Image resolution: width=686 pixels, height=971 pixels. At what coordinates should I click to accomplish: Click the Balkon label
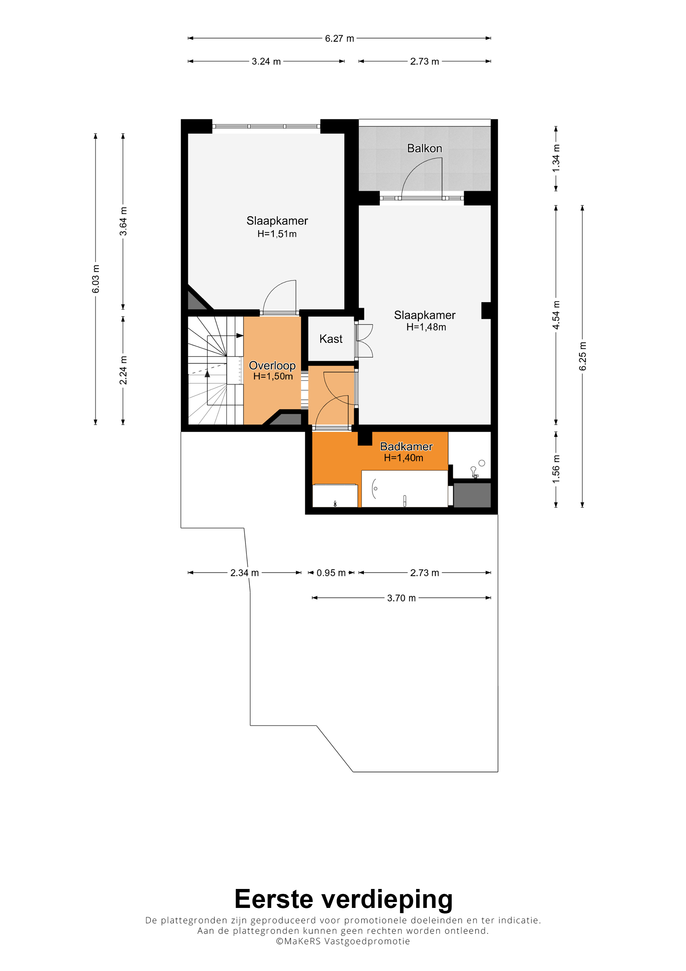pyautogui.click(x=424, y=148)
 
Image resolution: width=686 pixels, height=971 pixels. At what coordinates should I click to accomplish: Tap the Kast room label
pyautogui.click(x=331, y=339)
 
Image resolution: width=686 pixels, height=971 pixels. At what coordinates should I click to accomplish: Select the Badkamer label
pyautogui.click(x=406, y=446)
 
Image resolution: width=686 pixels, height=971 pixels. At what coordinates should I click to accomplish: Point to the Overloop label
pyautogui.click(x=272, y=365)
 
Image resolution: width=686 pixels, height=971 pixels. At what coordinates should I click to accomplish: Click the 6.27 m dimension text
pyautogui.click(x=339, y=39)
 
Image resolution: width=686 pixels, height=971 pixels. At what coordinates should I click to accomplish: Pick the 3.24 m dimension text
pyautogui.click(x=266, y=61)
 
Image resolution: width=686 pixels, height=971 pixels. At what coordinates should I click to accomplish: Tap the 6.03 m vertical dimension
pyautogui.click(x=96, y=279)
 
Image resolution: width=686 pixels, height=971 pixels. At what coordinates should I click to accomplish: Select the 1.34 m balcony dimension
pyautogui.click(x=556, y=159)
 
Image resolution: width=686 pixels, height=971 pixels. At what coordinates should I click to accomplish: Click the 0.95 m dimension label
pyautogui.click(x=331, y=573)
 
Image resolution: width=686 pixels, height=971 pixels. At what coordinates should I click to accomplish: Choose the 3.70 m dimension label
pyautogui.click(x=401, y=598)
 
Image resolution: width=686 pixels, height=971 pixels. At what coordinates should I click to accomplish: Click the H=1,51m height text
pyautogui.click(x=277, y=234)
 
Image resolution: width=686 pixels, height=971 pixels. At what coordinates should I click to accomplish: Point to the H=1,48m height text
pyautogui.click(x=426, y=327)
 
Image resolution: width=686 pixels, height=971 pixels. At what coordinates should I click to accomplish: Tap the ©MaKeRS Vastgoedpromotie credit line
pyautogui.click(x=343, y=941)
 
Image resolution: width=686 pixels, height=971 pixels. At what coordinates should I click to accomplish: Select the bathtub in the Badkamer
pyautogui.click(x=404, y=489)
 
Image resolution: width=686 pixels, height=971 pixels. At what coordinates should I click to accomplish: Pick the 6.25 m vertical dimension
pyautogui.click(x=582, y=356)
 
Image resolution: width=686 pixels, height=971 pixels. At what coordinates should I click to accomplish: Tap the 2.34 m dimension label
pyautogui.click(x=244, y=573)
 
